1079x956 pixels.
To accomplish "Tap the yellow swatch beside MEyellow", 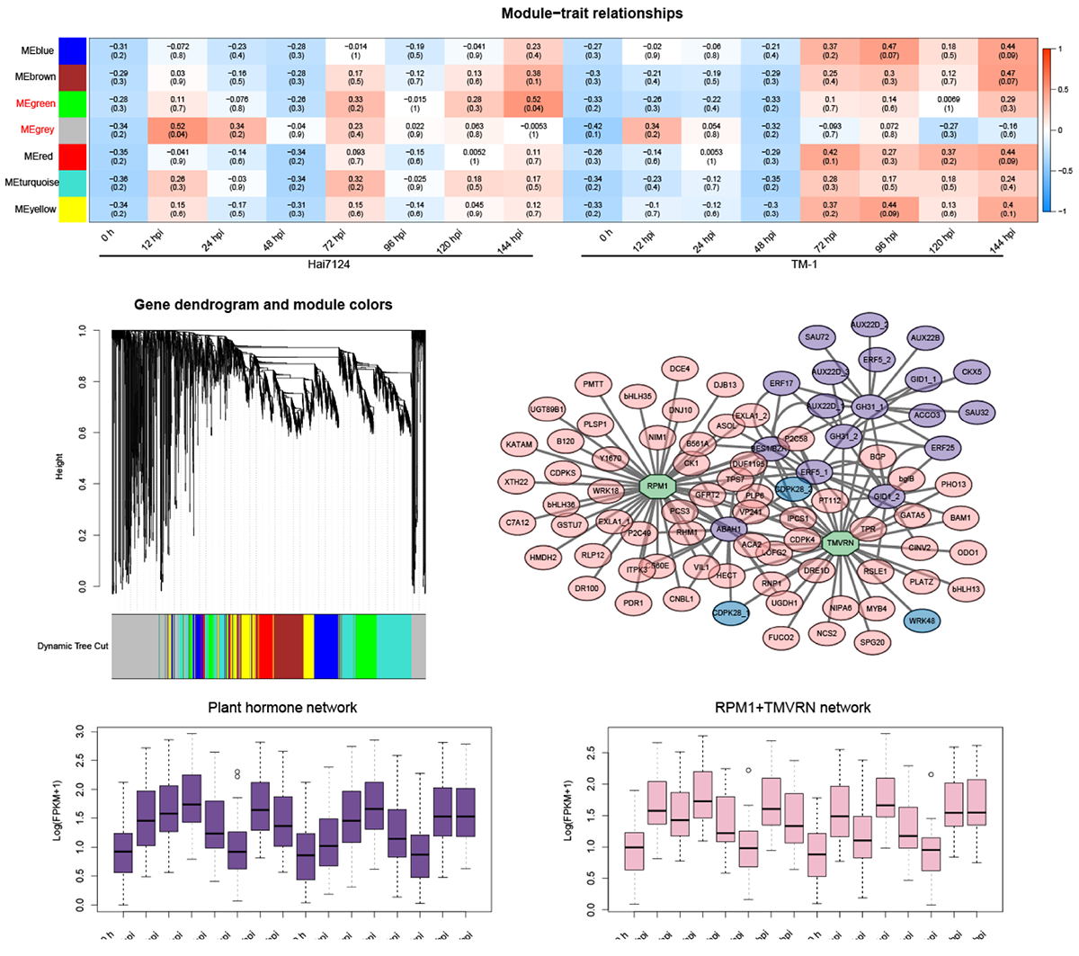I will pos(72,210).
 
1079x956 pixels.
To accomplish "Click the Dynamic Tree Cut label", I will pos(73,646).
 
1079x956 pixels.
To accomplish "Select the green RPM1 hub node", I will pos(657,487).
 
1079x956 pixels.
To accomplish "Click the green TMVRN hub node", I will pos(840,543).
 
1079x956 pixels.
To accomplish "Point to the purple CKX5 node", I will pos(971,371).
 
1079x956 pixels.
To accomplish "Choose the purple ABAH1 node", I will pos(728,530).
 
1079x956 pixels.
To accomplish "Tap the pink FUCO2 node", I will pos(781,638).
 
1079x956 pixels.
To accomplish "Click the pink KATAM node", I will pos(519,444).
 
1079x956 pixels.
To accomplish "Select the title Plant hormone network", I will pos(282,708).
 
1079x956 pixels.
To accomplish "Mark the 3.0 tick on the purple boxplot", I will pos(83,729).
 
